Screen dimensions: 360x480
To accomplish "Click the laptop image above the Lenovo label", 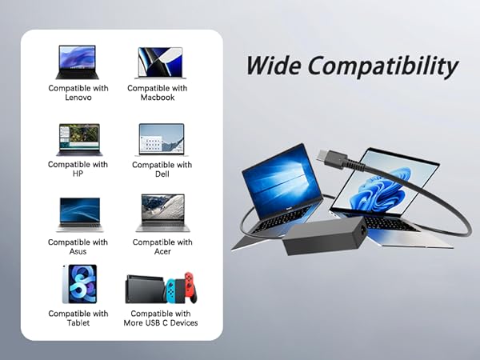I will coord(77,62).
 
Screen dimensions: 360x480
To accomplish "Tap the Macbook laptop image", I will coord(161,62).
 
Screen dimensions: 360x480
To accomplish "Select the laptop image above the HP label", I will coord(78,139).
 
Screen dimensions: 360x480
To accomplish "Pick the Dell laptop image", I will coord(162,139).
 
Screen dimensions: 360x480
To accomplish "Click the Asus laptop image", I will coord(79,214).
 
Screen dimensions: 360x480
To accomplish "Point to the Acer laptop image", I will coord(162,214).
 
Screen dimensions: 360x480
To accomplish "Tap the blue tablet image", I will coord(78,284).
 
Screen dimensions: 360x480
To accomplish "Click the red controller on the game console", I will coord(190,288).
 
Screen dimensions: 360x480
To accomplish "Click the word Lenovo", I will coord(78,98).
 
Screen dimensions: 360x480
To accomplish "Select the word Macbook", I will coord(157,98).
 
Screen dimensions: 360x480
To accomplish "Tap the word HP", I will coord(78,174).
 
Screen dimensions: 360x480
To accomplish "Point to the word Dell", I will coord(162,174).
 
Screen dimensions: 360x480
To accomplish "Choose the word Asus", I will coord(78,251).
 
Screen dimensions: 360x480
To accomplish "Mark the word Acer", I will coord(162,251).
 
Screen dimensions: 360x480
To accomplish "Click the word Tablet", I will coord(78,322).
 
